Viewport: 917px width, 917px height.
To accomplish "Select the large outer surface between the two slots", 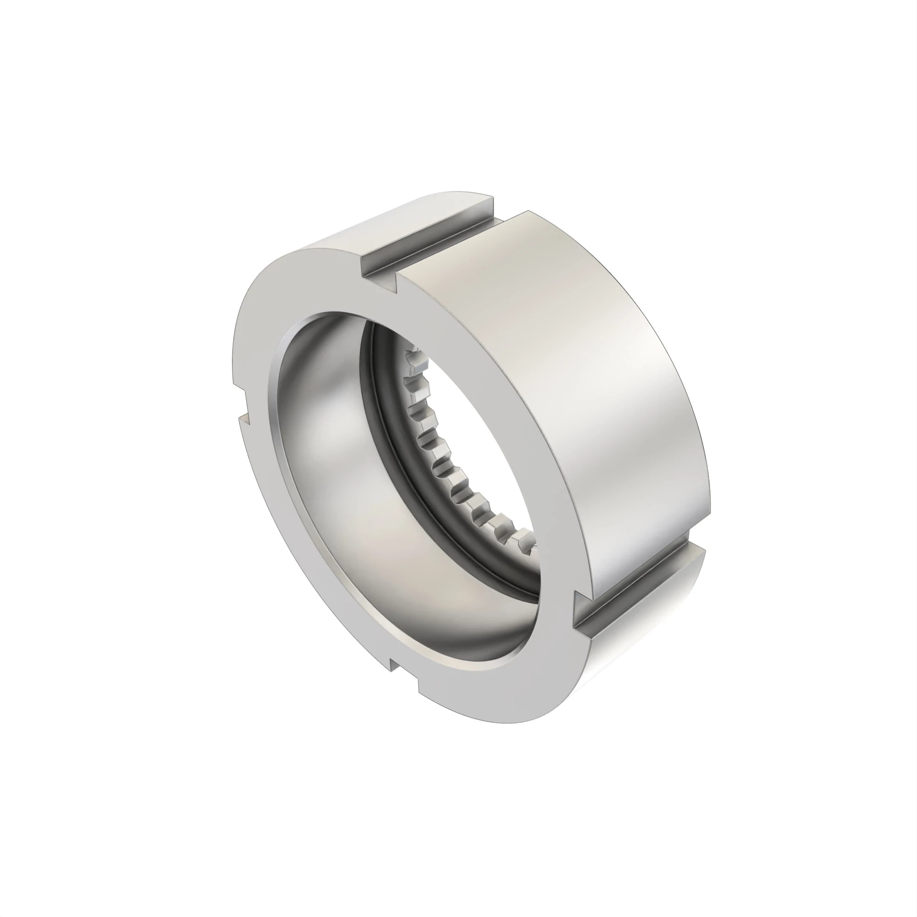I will click(569, 380).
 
